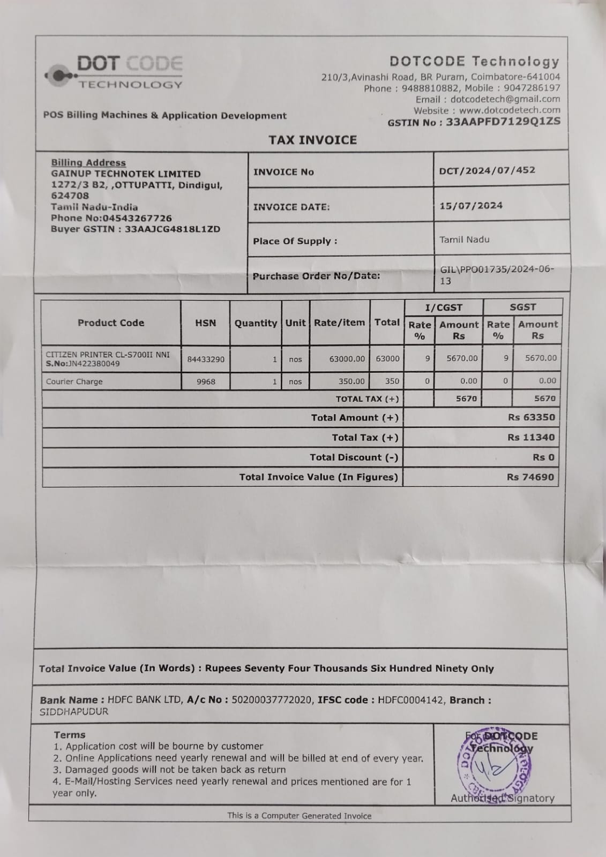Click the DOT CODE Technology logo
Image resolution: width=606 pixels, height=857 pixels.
[x=115, y=72]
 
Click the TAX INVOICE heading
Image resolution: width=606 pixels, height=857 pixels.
[x=312, y=140]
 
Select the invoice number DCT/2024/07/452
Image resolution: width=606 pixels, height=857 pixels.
[x=487, y=170]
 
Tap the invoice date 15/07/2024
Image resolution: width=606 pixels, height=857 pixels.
[x=470, y=206]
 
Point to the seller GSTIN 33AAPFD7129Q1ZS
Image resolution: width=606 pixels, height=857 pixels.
[x=503, y=122]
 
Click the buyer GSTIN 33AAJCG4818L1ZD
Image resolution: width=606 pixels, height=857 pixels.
[x=172, y=229]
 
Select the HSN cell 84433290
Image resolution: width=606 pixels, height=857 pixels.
[x=205, y=359]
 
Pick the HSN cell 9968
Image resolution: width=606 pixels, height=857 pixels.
[x=205, y=381]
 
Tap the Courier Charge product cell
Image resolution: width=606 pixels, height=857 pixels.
[x=74, y=381]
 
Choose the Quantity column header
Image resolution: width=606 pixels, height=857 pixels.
[x=256, y=323]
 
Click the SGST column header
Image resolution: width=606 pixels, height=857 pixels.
[x=522, y=307]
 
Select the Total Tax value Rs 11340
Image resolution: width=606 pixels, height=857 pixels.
[x=530, y=437]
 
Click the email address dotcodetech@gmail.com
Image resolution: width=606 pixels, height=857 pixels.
[x=505, y=99]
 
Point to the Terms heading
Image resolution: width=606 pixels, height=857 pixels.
[x=69, y=735]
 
